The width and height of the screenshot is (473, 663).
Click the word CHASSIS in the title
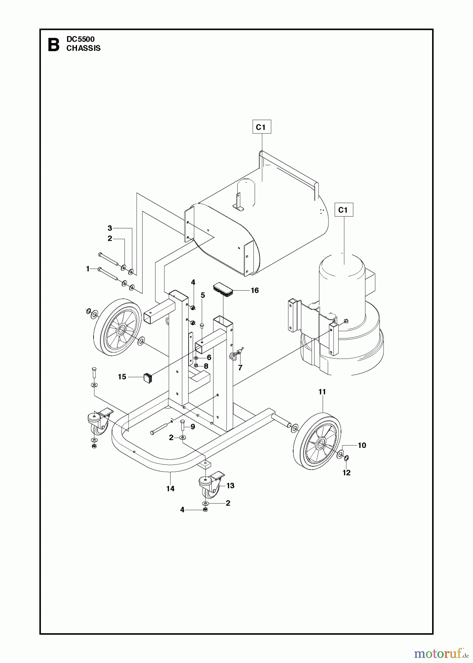[83, 48]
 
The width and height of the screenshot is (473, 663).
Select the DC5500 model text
[80, 39]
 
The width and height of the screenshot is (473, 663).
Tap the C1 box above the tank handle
[261, 127]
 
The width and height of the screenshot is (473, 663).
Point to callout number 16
[255, 290]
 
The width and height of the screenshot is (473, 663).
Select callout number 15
[122, 377]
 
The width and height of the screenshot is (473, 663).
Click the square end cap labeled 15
[148, 378]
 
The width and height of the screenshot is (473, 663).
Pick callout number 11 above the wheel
[322, 392]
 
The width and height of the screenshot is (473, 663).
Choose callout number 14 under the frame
[170, 489]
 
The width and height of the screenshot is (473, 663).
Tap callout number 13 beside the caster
[230, 485]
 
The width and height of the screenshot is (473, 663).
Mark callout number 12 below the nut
[346, 473]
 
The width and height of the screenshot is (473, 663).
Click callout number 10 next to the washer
[362, 445]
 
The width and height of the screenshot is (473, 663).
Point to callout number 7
[240, 368]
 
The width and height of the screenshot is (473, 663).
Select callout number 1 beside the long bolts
[88, 269]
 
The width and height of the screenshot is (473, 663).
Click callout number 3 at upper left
[110, 228]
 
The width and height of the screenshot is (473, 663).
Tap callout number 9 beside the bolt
[193, 427]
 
